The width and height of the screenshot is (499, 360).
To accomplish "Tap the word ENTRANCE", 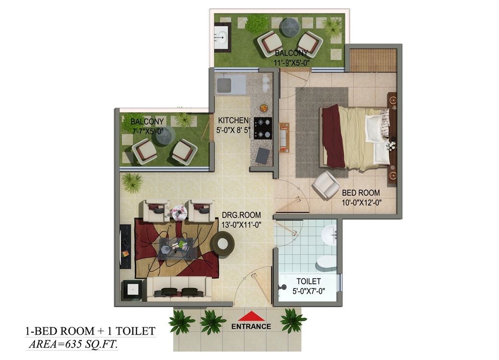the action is (x=251, y=326).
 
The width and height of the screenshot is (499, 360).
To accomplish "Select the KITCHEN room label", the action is (x=233, y=120).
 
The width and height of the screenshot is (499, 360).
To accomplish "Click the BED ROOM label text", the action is (x=361, y=193).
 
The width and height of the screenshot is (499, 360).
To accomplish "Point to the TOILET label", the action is (x=308, y=281).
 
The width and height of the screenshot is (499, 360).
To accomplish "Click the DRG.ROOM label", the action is (x=241, y=215).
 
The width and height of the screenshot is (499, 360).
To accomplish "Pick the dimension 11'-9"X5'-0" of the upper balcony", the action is (x=292, y=63).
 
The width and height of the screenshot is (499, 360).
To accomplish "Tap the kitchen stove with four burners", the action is (x=263, y=128).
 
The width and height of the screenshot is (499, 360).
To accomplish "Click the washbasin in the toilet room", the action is (x=329, y=235).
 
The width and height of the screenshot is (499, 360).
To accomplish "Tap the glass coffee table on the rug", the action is (x=176, y=248).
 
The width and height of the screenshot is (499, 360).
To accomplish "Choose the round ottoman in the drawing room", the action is (x=222, y=244).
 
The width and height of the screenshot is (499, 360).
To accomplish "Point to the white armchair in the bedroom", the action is (x=325, y=184).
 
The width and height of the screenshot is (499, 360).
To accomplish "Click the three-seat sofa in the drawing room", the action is (x=179, y=289).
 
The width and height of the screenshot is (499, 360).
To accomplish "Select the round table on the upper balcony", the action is (x=290, y=27).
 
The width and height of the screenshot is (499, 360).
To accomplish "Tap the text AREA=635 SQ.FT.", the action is (x=73, y=344).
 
